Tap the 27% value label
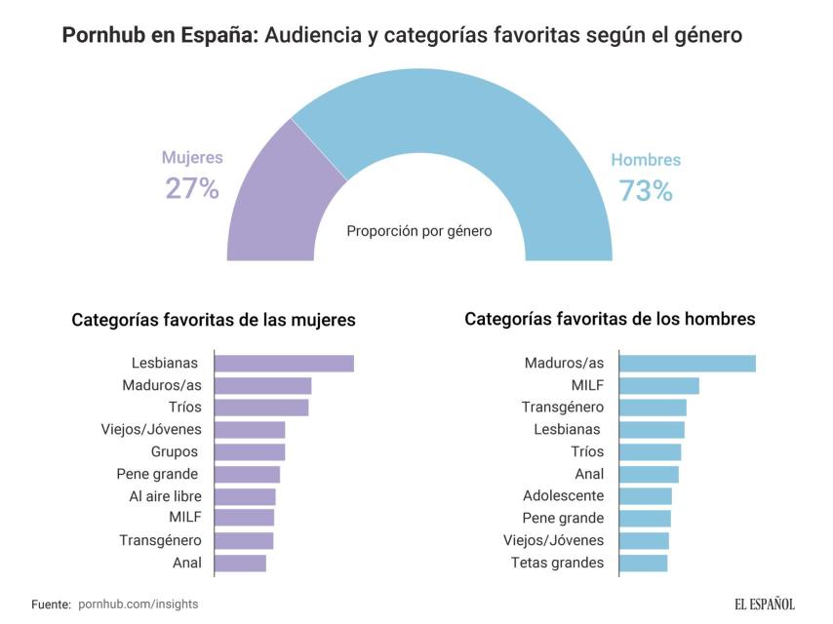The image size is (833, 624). [x=192, y=188]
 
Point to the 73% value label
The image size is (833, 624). [x=646, y=191]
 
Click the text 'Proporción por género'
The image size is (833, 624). [x=419, y=231]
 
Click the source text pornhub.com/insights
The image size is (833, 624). [x=138, y=604]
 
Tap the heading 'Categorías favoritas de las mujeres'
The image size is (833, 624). [x=214, y=320]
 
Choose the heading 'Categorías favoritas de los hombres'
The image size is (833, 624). [x=610, y=319]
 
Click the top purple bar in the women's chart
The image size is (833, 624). [x=284, y=364]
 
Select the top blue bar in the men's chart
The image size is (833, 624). [x=688, y=364]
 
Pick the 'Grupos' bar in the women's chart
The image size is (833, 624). [x=250, y=452]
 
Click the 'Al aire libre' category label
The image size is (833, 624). [x=165, y=496]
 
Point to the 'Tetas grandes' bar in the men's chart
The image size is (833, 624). [x=644, y=563]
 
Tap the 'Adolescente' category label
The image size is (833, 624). [x=563, y=496]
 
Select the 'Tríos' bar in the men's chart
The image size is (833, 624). [x=651, y=452]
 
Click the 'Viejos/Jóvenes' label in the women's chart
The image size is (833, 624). [x=151, y=430]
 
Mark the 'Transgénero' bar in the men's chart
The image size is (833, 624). [x=653, y=408]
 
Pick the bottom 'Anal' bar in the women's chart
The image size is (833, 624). [x=240, y=563]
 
